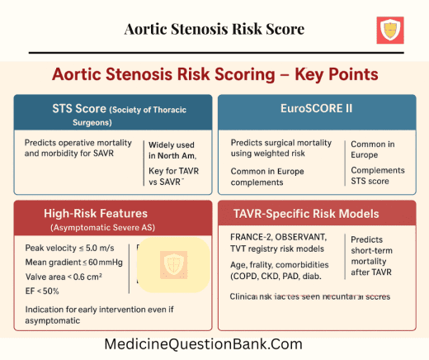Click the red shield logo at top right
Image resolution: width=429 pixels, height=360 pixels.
click(390, 30)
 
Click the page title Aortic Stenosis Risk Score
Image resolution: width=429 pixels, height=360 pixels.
click(214, 30)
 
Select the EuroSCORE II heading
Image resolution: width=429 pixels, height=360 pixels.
click(322, 107)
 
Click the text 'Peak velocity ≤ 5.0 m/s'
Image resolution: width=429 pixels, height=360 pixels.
click(64, 248)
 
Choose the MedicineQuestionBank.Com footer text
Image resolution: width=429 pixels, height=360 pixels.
click(214, 344)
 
